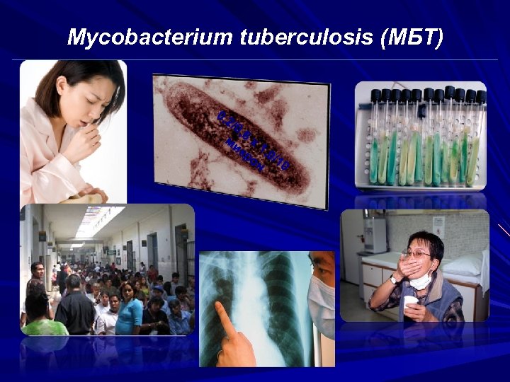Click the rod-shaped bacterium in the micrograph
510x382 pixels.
[x=242, y=138]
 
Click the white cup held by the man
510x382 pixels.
[x=409, y=303]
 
